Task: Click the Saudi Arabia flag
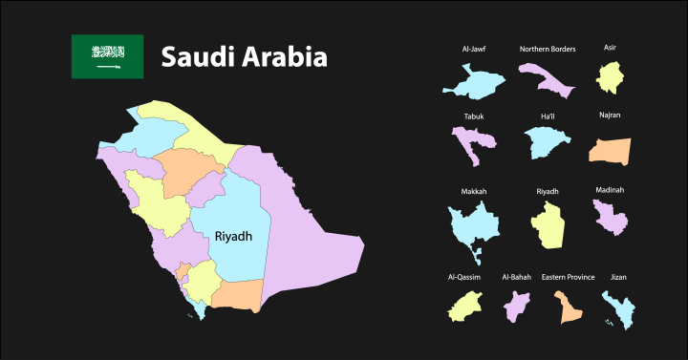click(x=107, y=56)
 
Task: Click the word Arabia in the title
click(x=283, y=57)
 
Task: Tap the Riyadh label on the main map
click(x=233, y=236)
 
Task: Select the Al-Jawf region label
click(x=474, y=49)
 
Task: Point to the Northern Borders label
click(x=548, y=49)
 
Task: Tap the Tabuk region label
click(x=474, y=116)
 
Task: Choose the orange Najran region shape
click(x=610, y=150)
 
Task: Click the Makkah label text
click(x=474, y=192)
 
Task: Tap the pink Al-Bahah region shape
click(x=518, y=307)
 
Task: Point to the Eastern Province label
click(x=568, y=277)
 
